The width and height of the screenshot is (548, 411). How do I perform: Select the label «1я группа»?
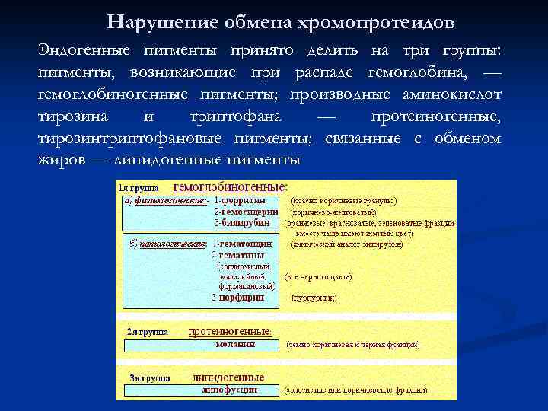pos(137,186)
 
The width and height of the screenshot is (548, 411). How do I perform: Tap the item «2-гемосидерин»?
pos(245,212)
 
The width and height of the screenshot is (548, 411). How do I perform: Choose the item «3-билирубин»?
pos(242,223)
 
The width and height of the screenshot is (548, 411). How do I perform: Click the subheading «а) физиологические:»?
pos(164,200)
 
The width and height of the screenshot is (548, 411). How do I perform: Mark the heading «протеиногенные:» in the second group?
pos(229,332)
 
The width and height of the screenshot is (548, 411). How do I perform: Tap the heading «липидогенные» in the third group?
pos(229,378)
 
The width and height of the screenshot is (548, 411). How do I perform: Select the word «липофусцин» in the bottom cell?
pos(230,389)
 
